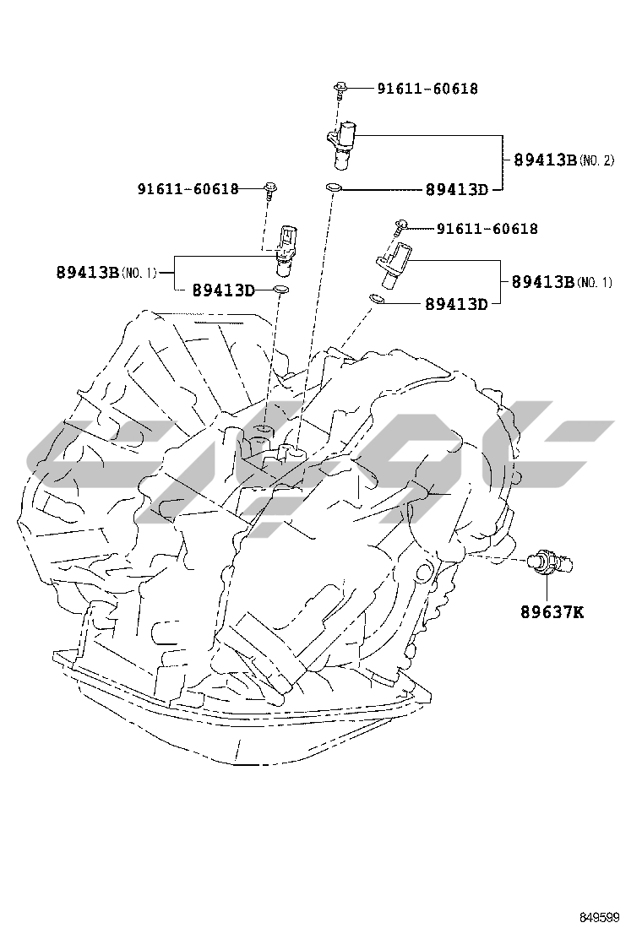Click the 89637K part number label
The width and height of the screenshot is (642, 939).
(552, 611)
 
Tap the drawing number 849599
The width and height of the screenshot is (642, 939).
(600, 917)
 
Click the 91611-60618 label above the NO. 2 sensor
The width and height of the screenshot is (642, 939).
(427, 89)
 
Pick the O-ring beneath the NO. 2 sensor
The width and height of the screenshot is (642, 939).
(335, 187)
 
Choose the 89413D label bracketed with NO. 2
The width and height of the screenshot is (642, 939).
(457, 189)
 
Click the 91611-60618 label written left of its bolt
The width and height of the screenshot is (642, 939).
(188, 189)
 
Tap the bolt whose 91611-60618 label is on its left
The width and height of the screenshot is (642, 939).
(269, 190)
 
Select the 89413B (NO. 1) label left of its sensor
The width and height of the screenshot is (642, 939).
(107, 272)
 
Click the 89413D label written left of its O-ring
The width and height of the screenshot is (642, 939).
(223, 290)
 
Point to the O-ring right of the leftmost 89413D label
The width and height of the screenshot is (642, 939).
(281, 291)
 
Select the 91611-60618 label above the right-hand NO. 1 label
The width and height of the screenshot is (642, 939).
(487, 229)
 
